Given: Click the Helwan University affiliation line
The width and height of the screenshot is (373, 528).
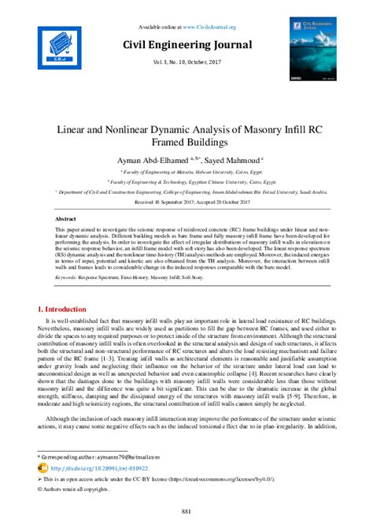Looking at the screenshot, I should click(186, 171).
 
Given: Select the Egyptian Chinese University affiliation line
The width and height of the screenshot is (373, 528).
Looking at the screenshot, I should click(186, 181).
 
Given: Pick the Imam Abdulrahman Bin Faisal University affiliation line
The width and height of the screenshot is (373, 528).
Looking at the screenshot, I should click(186, 191).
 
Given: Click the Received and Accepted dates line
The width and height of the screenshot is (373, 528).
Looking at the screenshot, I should click(186, 202).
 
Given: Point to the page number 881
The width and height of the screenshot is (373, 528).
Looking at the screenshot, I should click(186, 513).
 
